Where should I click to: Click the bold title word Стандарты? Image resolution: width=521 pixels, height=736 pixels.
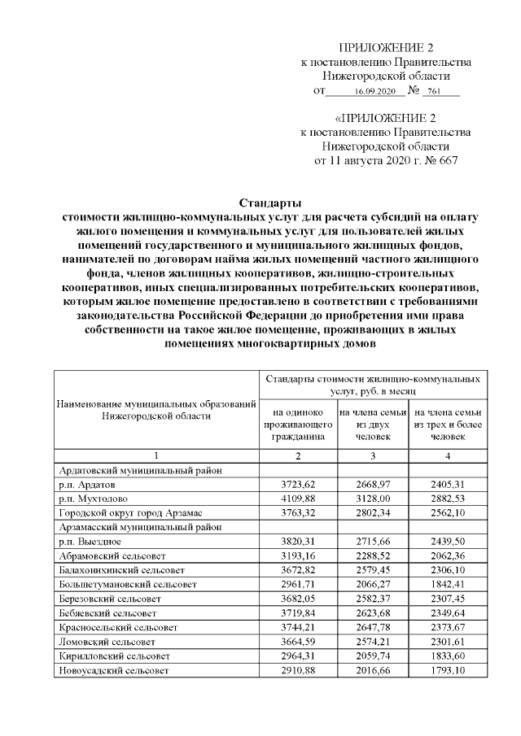(x=270, y=202)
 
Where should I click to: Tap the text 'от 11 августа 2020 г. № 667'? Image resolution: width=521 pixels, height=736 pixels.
(x=385, y=160)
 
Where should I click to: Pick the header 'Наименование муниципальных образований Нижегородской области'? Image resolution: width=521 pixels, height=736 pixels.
(x=157, y=410)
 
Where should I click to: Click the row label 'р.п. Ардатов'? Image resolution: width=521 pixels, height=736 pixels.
(x=90, y=483)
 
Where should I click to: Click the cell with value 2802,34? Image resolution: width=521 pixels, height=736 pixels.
(x=372, y=512)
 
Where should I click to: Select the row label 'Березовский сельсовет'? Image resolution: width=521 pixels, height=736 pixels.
(x=110, y=600)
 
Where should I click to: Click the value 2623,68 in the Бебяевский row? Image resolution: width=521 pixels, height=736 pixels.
(x=372, y=615)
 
